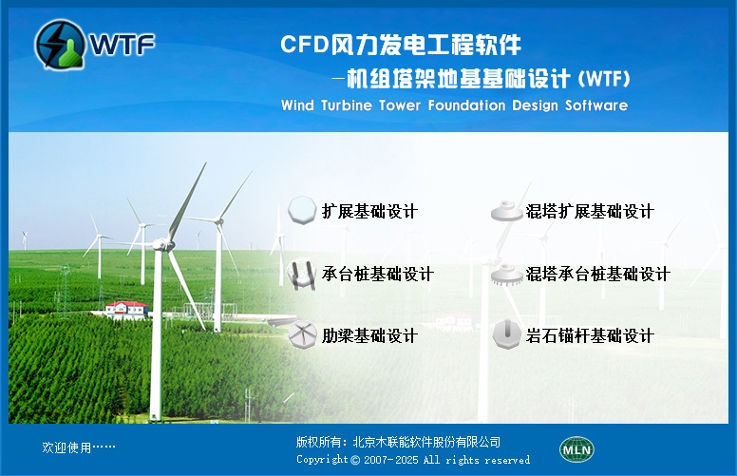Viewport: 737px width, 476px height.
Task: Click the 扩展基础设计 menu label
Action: pos(369,211)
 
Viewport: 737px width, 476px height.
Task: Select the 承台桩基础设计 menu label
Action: pos(377,274)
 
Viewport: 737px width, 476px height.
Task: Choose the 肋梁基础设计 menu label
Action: pos(369,335)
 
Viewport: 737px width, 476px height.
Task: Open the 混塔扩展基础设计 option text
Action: pos(590,211)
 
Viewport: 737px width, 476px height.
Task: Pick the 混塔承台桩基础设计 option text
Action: pos(598,274)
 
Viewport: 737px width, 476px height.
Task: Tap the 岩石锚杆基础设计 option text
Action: pos(590,335)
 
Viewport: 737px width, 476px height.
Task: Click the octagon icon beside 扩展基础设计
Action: pos(302,210)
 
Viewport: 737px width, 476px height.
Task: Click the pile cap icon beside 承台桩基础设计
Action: pos(301,275)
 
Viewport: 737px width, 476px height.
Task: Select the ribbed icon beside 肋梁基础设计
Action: pos(302,334)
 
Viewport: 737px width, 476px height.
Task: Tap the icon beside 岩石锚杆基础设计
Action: pos(507,333)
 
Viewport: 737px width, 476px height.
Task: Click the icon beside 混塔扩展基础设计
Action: pos(507,211)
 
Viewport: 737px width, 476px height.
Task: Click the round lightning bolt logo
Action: pos(60,44)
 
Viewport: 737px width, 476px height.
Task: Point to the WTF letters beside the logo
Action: pos(123,45)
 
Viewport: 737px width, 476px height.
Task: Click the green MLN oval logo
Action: pos(576,449)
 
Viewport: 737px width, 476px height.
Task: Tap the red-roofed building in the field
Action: pos(127,310)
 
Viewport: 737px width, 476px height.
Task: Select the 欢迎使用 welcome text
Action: pos(66,447)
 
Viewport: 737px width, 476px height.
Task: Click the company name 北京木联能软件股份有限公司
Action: pos(426,442)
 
